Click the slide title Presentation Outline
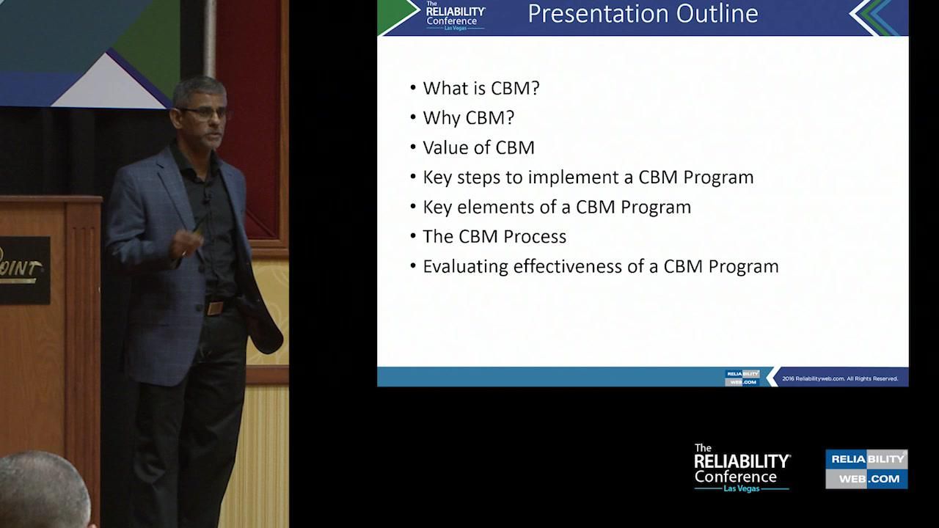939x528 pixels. (643, 14)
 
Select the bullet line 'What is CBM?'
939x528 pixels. (481, 88)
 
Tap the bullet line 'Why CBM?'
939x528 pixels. (468, 118)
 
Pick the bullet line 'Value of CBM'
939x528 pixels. (478, 147)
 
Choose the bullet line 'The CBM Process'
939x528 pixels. (494, 237)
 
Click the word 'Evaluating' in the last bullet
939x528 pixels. (466, 266)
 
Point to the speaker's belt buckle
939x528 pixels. (215, 307)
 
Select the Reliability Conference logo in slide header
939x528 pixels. (456, 15)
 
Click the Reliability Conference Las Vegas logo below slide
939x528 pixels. (742, 468)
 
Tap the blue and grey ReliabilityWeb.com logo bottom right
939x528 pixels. (866, 469)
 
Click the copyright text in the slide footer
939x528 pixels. (840, 378)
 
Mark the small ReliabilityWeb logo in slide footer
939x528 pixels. (742, 377)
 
